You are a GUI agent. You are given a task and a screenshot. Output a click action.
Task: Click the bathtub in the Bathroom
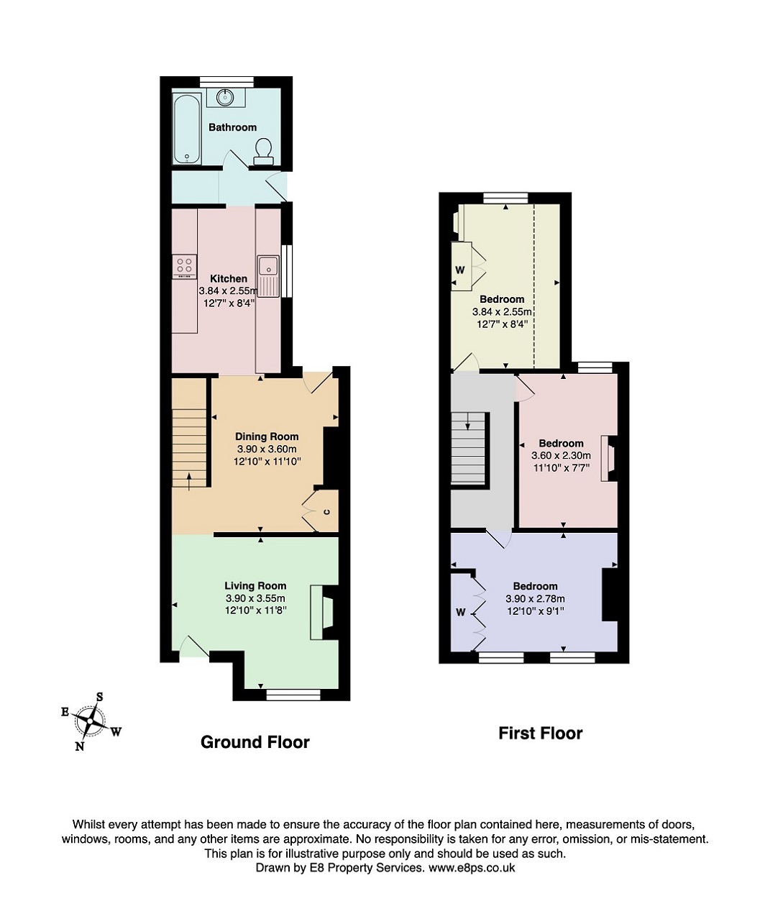(188, 129)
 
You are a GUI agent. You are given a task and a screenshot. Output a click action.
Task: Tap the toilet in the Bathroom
(263, 151)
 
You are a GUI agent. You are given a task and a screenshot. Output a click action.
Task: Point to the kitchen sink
(268, 275)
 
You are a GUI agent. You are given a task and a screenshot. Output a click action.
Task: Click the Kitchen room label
(229, 278)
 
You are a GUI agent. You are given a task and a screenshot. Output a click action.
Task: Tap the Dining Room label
(267, 437)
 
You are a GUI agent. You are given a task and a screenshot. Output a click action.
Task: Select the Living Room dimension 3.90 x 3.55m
(255, 598)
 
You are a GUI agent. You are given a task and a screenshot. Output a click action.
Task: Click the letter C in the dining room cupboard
(326, 511)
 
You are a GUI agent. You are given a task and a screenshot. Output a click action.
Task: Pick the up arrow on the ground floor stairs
(189, 481)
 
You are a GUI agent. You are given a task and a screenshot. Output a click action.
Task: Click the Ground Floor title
(255, 742)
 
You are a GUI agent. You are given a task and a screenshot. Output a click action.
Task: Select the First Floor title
(540, 734)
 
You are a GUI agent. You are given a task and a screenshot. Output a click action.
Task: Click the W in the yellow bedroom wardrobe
(460, 270)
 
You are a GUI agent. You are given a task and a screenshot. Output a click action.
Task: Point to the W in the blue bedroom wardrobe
(461, 612)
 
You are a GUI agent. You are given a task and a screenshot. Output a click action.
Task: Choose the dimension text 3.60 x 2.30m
(561, 455)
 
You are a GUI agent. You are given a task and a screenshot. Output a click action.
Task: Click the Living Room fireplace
(323, 613)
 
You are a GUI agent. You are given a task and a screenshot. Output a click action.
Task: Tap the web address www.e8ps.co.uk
(472, 867)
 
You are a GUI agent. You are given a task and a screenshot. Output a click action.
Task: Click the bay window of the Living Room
(293, 696)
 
